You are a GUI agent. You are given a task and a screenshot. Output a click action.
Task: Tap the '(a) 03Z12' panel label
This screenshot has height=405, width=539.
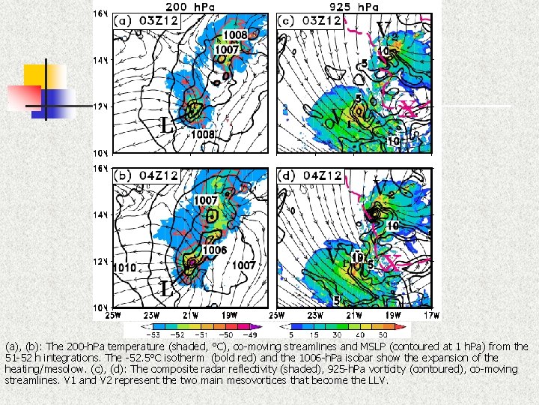pos(147,22)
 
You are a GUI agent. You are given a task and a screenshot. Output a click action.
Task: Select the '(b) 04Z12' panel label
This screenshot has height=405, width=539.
pos(147,176)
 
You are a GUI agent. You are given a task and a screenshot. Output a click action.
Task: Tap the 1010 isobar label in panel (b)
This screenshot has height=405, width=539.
pos(125,266)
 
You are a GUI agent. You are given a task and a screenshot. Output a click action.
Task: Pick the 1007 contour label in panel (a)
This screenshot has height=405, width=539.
pos(228,49)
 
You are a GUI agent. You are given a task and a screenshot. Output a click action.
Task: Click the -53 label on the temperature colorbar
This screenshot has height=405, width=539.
pos(156,334)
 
